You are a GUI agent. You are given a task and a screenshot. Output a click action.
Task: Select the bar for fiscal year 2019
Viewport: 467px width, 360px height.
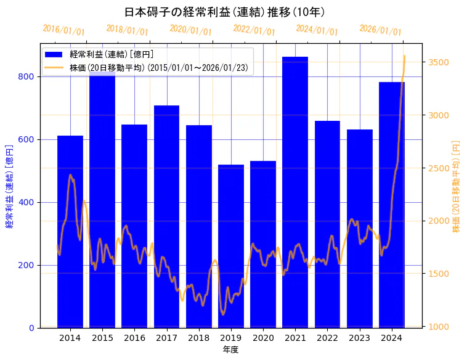(x=231, y=246)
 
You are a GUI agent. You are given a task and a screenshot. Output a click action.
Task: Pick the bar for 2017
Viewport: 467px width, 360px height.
(x=166, y=216)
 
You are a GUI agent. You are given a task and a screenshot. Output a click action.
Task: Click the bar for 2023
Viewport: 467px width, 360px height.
(x=360, y=229)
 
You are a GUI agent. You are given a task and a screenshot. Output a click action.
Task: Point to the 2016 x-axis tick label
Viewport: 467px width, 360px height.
(x=134, y=338)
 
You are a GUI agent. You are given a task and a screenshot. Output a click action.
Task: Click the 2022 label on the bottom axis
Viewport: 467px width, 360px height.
(x=327, y=338)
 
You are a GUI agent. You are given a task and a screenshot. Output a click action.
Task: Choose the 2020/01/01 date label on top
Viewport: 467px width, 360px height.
(x=190, y=30)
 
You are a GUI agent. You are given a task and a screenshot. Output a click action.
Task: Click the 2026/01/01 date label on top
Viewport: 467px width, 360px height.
(x=380, y=30)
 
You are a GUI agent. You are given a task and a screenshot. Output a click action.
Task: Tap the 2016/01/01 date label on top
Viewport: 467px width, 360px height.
(x=63, y=30)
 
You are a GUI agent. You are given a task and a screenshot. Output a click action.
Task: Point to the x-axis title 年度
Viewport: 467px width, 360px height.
(x=230, y=350)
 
